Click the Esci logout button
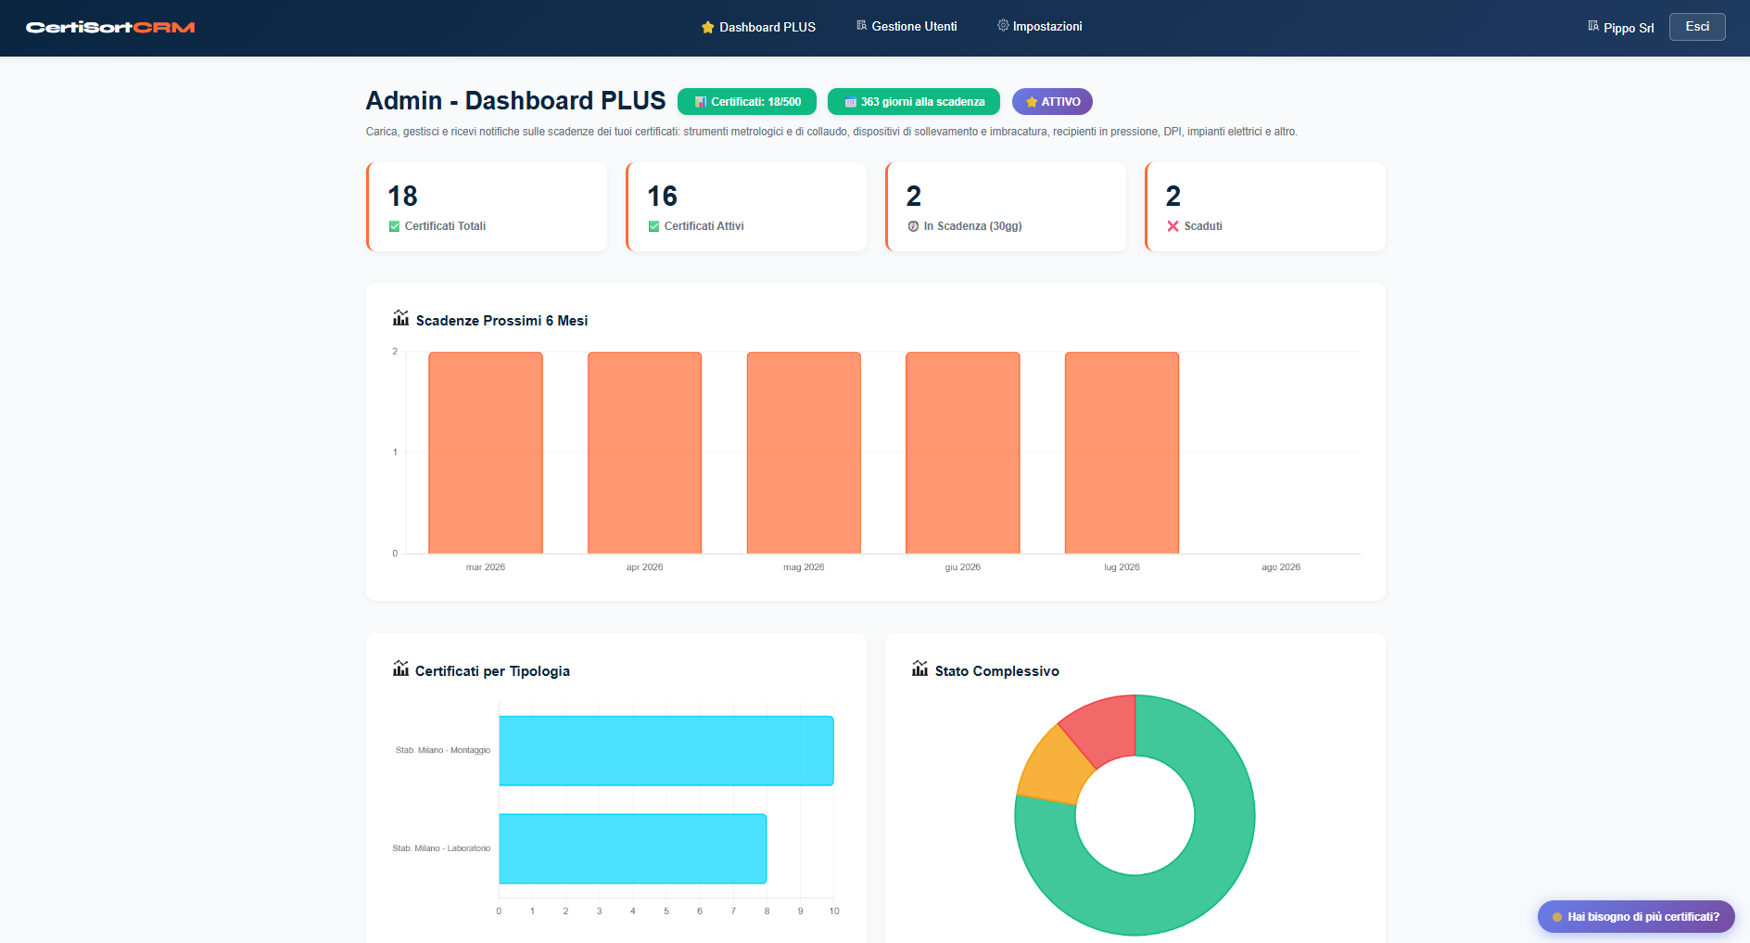tap(1696, 27)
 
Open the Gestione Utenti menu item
tap(907, 27)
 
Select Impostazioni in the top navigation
tap(1039, 27)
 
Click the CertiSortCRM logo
tap(110, 28)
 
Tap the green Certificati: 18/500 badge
tap(746, 102)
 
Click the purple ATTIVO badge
tap(1052, 102)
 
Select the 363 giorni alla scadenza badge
tap(913, 102)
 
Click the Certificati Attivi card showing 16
tap(745, 207)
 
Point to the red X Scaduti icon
tap(1173, 226)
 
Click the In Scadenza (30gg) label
tap(971, 226)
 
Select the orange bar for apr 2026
tap(644, 452)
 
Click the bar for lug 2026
tap(1122, 452)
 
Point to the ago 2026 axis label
tap(1280, 567)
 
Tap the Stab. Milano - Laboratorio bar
tap(632, 848)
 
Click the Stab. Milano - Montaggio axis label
tap(442, 750)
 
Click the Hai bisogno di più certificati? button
tap(1635, 917)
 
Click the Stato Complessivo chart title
tap(996, 671)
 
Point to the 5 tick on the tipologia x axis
tap(666, 911)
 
